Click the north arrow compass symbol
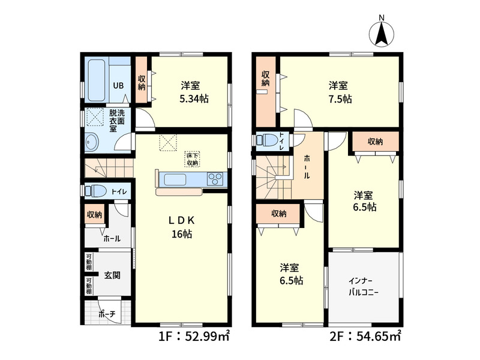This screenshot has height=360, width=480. [382, 32]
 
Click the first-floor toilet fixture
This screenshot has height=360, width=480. [95, 191]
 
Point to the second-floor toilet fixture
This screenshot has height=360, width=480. [267, 141]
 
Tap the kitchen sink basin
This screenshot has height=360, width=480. [175, 179]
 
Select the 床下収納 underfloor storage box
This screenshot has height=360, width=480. [192, 159]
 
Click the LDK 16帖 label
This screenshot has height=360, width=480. [182, 227]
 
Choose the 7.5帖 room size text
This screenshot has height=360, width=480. [340, 99]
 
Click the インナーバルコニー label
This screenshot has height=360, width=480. [364, 287]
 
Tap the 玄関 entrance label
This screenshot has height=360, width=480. [112, 275]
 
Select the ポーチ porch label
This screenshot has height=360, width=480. [107, 314]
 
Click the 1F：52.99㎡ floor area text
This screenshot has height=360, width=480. [194, 337]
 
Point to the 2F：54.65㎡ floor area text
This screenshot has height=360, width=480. [365, 337]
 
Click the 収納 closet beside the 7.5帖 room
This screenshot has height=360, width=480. [266, 92]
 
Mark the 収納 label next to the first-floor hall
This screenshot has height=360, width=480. [94, 215]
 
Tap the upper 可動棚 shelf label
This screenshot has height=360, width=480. [88, 262]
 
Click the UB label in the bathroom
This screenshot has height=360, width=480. [118, 85]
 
